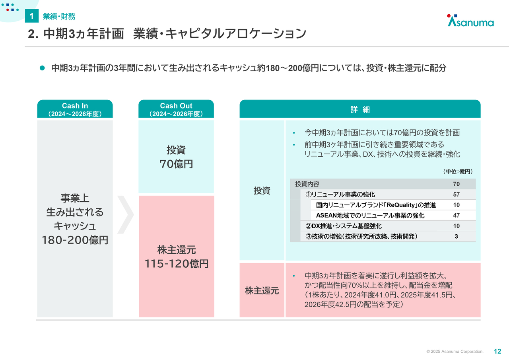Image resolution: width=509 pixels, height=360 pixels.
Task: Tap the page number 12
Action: click(497, 351)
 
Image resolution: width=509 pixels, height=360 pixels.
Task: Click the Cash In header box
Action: click(75, 109)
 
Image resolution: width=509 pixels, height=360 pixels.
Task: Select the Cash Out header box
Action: click(176, 109)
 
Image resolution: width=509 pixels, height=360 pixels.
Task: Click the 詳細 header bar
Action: click(360, 109)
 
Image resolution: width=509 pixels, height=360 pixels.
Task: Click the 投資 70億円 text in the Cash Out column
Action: click(176, 157)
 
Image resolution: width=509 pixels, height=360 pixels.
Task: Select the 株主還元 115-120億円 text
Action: click(177, 257)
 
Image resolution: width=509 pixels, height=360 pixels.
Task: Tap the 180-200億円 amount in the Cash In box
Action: click(75, 240)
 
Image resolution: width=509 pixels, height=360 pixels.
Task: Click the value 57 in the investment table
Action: click(456, 195)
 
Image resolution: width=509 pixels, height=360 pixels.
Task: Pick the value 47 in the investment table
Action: click(456, 216)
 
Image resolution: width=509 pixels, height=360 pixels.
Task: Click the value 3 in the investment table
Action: click(456, 236)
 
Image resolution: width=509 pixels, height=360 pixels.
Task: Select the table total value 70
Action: click(456, 184)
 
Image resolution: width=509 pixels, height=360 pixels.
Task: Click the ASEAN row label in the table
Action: click(370, 216)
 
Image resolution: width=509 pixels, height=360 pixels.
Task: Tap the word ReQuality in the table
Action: click(400, 205)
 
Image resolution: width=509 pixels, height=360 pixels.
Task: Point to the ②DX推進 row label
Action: click(343, 226)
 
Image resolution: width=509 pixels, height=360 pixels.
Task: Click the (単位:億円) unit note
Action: click(458, 171)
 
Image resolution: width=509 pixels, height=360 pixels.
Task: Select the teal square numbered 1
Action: click(31, 16)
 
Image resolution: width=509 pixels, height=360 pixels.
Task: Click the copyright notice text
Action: click(455, 352)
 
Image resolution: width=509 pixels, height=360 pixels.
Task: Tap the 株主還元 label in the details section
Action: click(262, 291)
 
